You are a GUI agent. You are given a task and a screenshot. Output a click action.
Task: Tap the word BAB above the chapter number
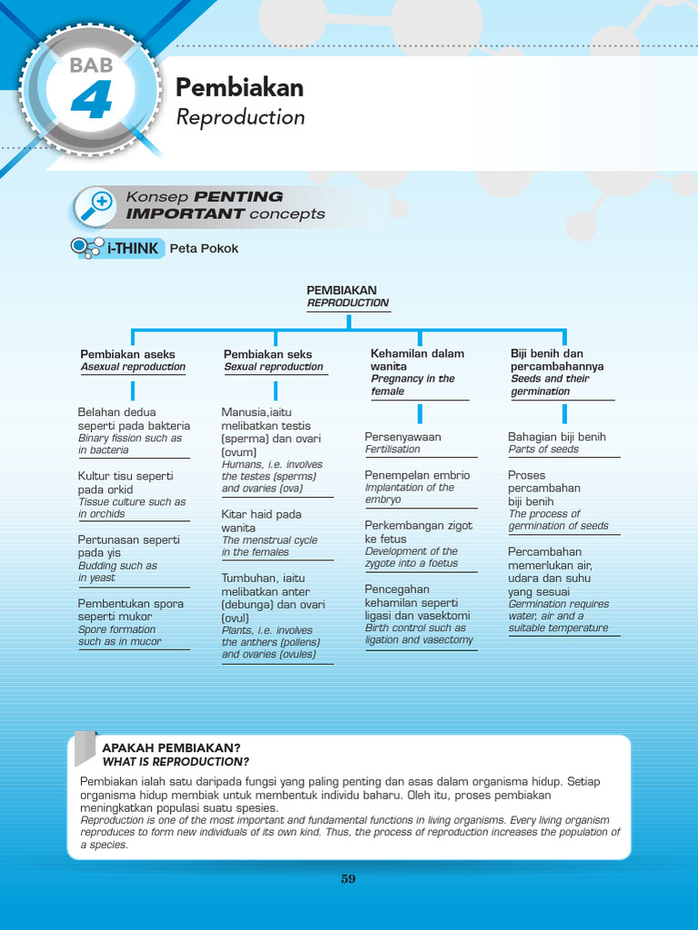pyautogui.click(x=89, y=64)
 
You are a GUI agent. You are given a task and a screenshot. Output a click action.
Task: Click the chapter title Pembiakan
pyautogui.click(x=239, y=87)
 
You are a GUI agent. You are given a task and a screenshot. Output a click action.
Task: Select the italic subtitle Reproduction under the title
pyautogui.click(x=240, y=117)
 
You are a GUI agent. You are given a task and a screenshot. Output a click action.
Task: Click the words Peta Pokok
pyautogui.click(x=204, y=248)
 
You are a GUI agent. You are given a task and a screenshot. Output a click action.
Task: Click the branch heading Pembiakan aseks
pyautogui.click(x=127, y=354)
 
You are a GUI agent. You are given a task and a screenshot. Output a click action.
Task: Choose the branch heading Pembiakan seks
pyautogui.click(x=268, y=354)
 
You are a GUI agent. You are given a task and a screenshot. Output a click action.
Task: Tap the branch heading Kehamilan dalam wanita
pyautogui.click(x=417, y=360)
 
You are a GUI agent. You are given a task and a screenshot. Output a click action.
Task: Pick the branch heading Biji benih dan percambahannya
pyautogui.click(x=557, y=360)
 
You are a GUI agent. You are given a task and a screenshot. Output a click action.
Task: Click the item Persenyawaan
pyautogui.click(x=403, y=437)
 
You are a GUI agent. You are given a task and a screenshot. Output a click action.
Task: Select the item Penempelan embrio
pyautogui.click(x=417, y=475)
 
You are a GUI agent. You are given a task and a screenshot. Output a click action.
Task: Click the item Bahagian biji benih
pyautogui.click(x=556, y=437)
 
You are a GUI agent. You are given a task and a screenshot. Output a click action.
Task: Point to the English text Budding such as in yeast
pyautogui.click(x=117, y=571)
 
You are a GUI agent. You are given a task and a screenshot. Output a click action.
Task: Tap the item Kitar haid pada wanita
pyautogui.click(x=262, y=520)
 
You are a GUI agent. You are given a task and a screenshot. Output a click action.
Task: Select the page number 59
pyautogui.click(x=348, y=878)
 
